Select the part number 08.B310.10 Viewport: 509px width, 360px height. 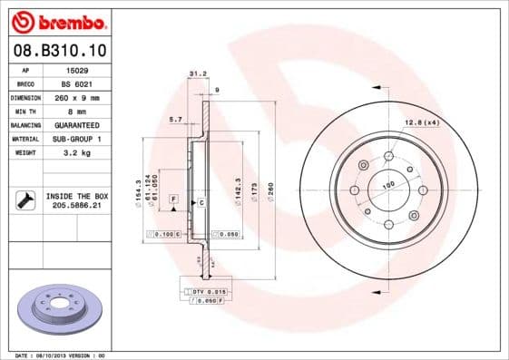click(x=59, y=50)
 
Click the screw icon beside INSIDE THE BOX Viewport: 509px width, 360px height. click(x=24, y=200)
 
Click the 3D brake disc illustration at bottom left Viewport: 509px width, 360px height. click(x=63, y=314)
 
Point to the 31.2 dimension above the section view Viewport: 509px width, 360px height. click(x=193, y=74)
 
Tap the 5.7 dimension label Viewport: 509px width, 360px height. click(x=176, y=119)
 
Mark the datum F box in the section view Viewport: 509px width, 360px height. click(x=173, y=198)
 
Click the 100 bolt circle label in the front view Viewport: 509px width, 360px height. click(x=388, y=185)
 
